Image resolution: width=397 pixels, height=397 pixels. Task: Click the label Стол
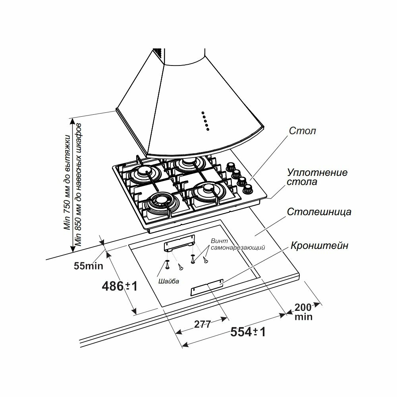click(x=302, y=131)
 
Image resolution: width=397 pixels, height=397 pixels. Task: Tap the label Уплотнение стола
click(x=317, y=177)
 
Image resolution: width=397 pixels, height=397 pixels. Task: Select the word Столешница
click(x=319, y=212)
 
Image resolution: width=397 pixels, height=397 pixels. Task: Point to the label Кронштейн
click(x=319, y=246)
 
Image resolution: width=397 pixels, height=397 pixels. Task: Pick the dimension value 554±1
click(x=248, y=332)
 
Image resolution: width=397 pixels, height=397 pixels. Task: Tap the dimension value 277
click(x=202, y=324)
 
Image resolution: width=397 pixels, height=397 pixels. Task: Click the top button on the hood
click(x=202, y=112)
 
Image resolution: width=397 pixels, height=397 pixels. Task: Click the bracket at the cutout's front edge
click(x=207, y=287)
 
